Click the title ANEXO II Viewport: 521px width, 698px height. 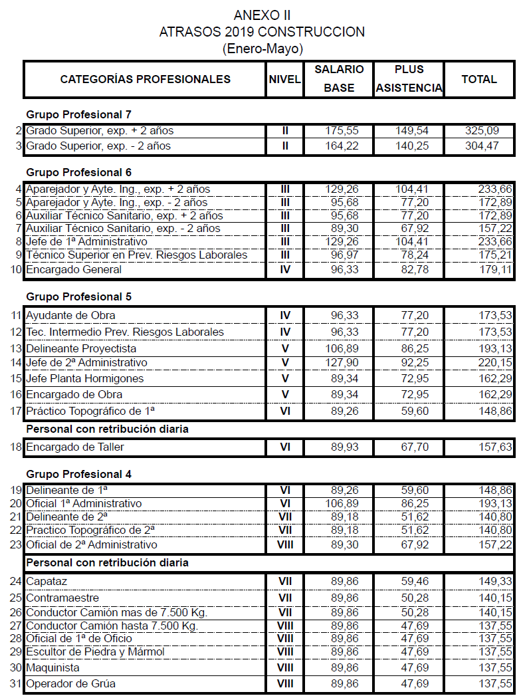(262, 15)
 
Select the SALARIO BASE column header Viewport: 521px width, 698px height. (339, 78)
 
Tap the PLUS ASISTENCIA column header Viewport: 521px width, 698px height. (409, 78)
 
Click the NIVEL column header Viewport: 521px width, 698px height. (285, 79)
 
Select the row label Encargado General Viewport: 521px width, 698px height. (74, 270)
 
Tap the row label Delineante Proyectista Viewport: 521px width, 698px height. (81, 348)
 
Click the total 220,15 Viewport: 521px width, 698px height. (495, 363)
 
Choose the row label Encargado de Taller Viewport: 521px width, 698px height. (75, 447)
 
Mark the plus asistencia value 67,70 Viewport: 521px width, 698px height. (415, 447)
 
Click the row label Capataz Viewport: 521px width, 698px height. (47, 581)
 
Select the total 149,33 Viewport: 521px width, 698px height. (495, 581)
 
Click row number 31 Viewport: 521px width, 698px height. (16, 683)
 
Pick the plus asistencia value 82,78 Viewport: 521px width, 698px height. (415, 270)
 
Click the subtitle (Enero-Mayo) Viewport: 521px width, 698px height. (262, 49)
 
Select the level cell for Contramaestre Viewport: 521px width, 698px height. (285, 598)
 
